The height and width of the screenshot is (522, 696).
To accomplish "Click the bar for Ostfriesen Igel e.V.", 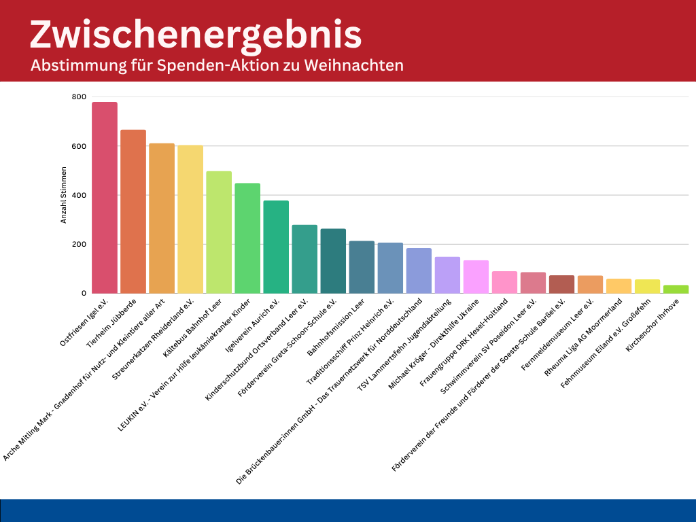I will pos(105,197).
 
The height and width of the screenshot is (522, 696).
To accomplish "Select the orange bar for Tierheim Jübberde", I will pos(133,211).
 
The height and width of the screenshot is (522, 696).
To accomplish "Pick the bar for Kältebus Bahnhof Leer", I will pos(219,232).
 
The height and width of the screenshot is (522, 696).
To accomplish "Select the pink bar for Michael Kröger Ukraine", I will pos(476,277).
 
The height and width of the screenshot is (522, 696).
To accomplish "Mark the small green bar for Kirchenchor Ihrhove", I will pos(676,289).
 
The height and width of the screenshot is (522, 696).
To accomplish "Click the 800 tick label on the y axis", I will pos(79,97).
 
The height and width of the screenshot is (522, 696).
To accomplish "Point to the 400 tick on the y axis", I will pos(79,196).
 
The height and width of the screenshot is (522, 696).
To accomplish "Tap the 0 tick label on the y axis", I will pos(83,294).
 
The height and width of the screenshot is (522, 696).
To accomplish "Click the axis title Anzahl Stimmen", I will pos(63,196).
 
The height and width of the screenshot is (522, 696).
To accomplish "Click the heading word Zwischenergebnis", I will pos(196,34).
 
